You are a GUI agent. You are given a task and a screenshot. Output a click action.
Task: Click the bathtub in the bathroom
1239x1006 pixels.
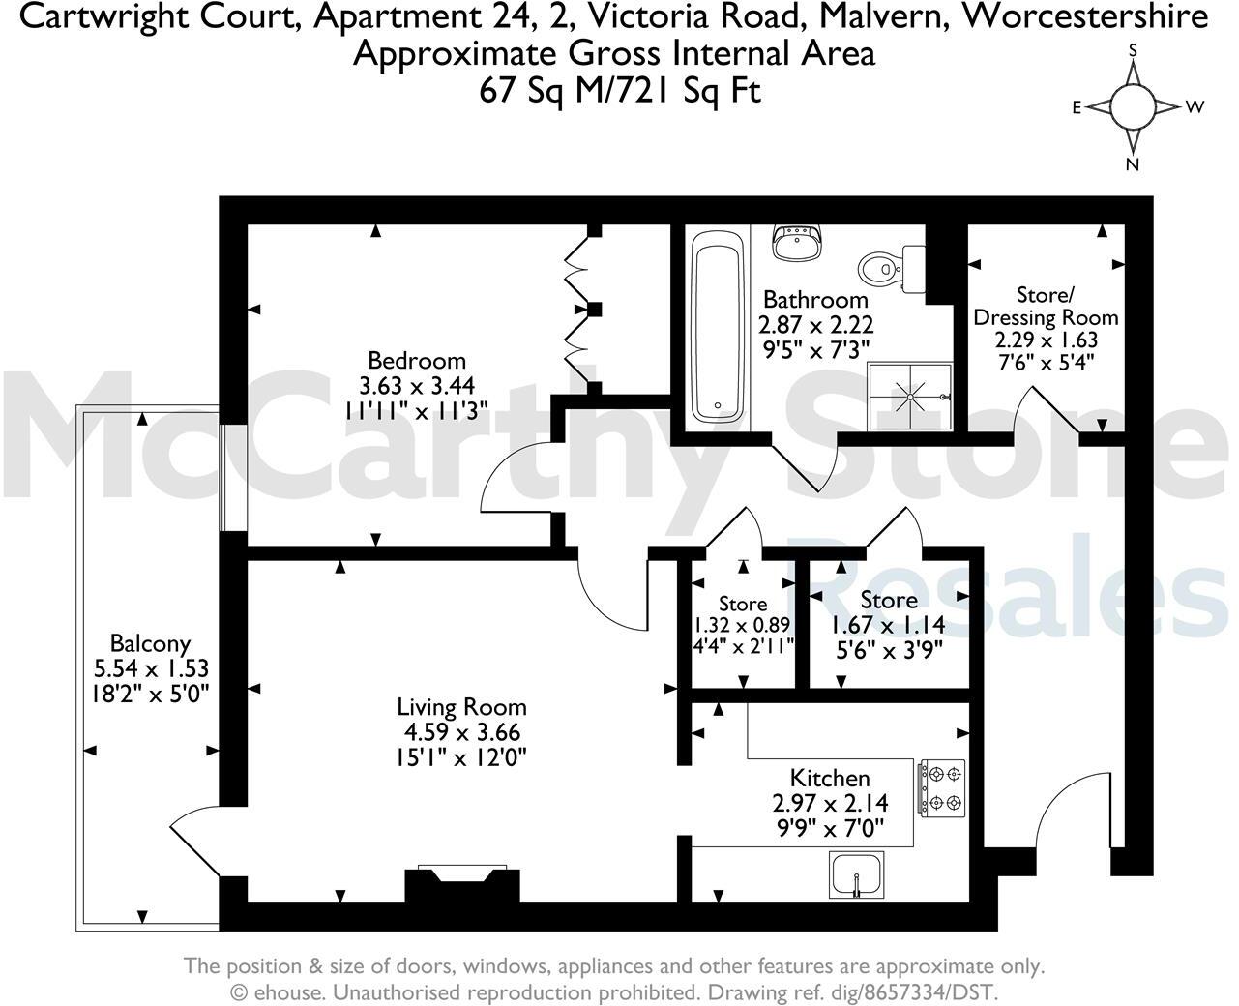pyautogui.click(x=718, y=325)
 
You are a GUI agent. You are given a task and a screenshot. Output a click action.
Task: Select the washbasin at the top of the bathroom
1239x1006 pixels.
pyautogui.click(x=797, y=242)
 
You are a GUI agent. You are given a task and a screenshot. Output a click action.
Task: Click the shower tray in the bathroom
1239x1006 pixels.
pyautogui.click(x=909, y=395)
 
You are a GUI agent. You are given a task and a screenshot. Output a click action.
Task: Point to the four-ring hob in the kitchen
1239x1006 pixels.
pyautogui.click(x=941, y=787)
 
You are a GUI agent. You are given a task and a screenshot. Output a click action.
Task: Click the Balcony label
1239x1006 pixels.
pyautogui.click(x=150, y=643)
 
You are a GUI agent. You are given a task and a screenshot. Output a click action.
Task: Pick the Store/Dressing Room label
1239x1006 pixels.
pyautogui.click(x=1046, y=306)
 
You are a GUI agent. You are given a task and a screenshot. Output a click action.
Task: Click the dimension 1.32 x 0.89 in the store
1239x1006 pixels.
pyautogui.click(x=742, y=625)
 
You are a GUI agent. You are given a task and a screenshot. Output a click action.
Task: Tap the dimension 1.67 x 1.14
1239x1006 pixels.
pyautogui.click(x=888, y=625)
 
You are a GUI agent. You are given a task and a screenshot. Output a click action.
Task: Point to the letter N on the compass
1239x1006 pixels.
pyautogui.click(x=1132, y=164)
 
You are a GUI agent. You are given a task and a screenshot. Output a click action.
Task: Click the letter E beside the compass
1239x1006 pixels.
pyautogui.click(x=1076, y=108)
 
